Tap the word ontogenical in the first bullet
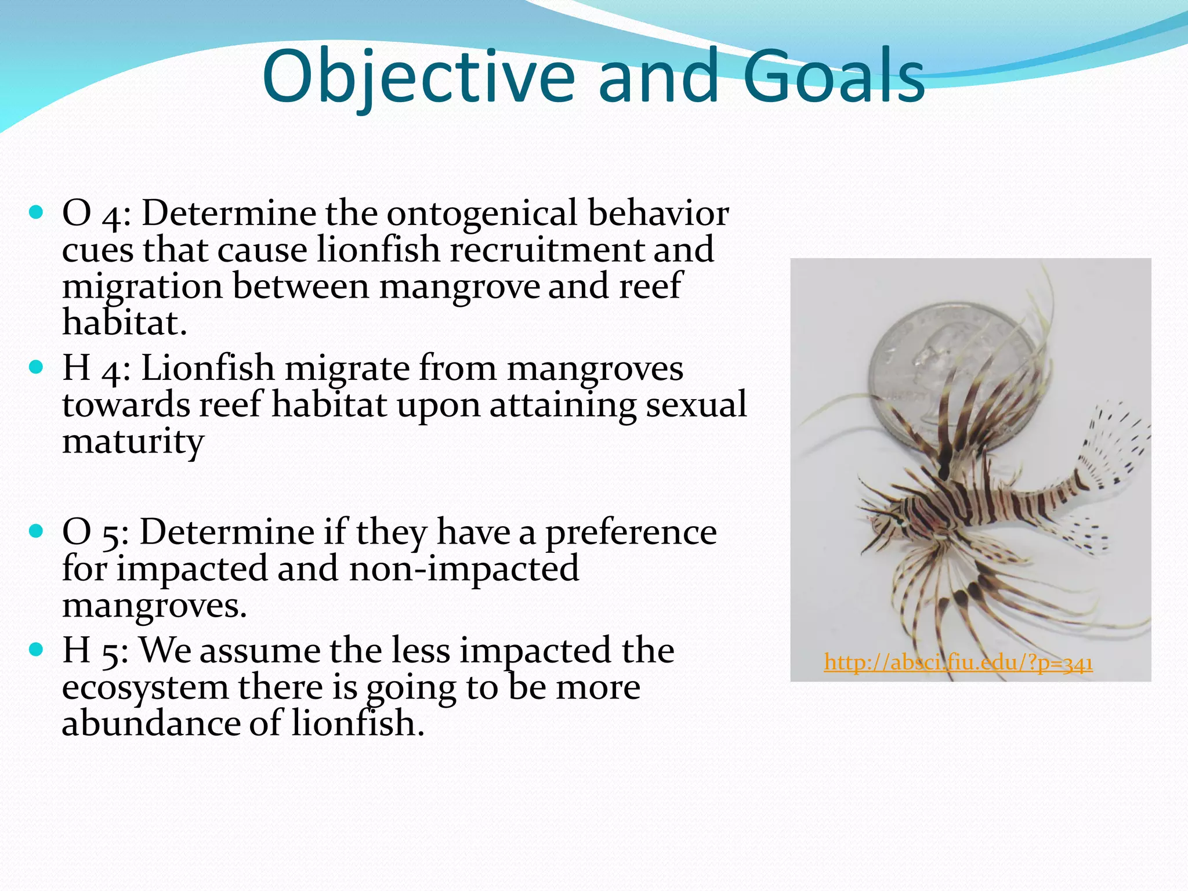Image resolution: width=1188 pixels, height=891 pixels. pos(481,213)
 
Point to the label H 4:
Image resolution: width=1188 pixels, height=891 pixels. pos(96,368)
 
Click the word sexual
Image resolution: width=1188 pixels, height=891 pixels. pos(696,405)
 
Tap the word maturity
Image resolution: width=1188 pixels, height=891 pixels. pos(133,442)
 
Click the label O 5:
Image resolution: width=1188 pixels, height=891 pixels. pos(95,532)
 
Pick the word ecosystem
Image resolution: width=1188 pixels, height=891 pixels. pos(145,688)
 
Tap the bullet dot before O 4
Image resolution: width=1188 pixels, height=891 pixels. pos(36,213)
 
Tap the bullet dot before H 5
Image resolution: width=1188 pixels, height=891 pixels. pos(36,649)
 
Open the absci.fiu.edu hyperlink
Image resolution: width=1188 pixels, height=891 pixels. pos(958,662)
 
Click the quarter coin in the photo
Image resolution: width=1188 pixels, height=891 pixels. pos(951,371)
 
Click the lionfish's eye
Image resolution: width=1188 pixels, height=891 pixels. pos(900,521)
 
